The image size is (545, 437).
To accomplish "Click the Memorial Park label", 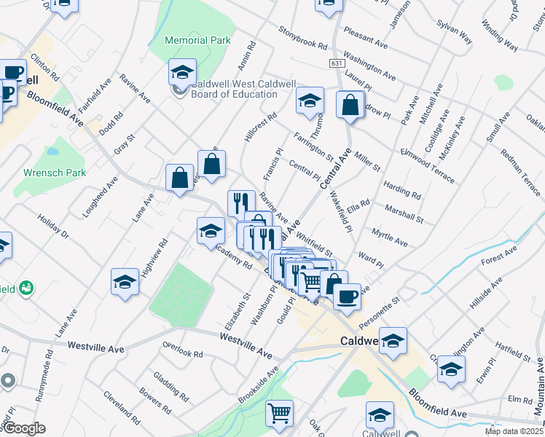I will (x=198, y=40).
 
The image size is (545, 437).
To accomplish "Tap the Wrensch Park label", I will (x=55, y=173).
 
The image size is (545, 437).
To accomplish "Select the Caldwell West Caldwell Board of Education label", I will (x=234, y=89).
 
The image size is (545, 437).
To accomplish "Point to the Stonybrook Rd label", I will (x=303, y=39).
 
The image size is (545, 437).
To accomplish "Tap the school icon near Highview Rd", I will (x=125, y=283).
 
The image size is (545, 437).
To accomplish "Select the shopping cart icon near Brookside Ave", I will (x=279, y=414).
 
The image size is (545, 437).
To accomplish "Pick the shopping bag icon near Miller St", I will (x=350, y=105).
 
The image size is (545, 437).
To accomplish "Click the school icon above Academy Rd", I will (x=211, y=232).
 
